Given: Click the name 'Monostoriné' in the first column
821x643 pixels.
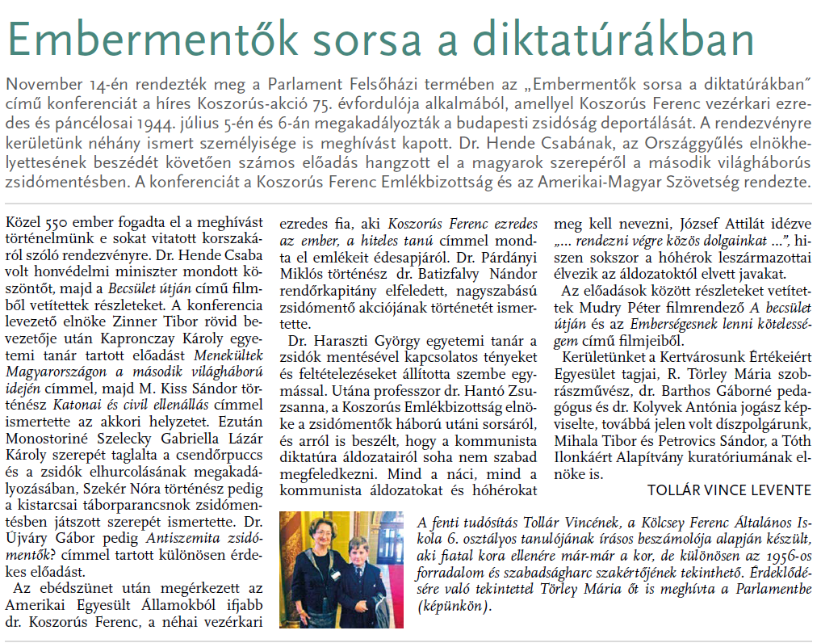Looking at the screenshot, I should pyautogui.click(x=47, y=435).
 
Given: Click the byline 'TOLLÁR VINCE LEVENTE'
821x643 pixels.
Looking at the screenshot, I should pyautogui.click(x=729, y=490).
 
